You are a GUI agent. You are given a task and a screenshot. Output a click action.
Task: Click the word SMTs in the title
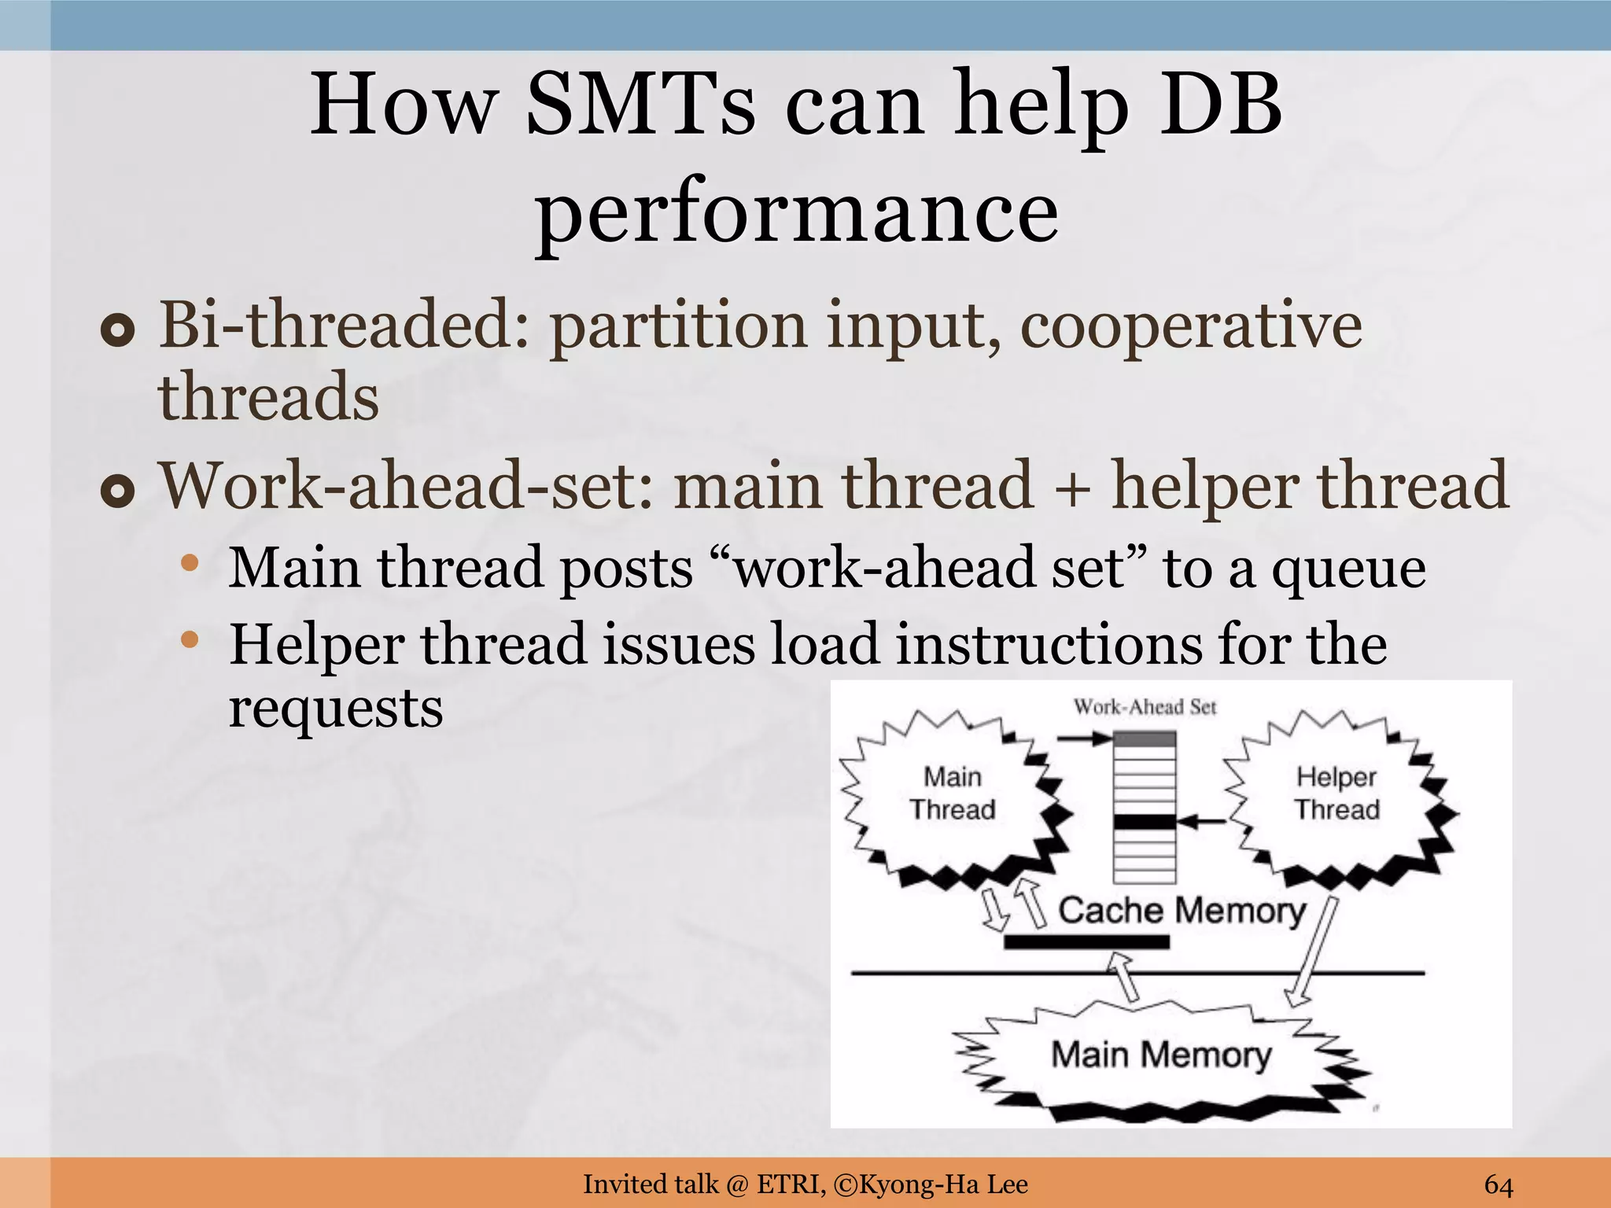(x=640, y=106)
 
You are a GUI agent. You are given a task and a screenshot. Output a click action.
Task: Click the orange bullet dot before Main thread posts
(x=190, y=563)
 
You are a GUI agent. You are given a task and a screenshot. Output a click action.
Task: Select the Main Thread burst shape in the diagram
(x=952, y=794)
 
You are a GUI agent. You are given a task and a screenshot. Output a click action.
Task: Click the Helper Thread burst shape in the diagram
(x=1336, y=794)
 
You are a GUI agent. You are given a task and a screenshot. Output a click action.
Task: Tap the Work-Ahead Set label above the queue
(x=1145, y=707)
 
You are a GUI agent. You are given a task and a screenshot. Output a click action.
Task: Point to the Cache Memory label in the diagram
(x=1181, y=911)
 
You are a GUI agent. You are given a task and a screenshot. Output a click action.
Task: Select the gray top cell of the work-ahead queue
(x=1145, y=739)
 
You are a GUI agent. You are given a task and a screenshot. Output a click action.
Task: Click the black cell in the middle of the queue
(x=1145, y=822)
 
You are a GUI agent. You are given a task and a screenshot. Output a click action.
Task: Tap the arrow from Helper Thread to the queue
(x=1204, y=822)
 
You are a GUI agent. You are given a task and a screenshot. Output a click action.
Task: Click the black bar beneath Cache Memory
(x=1086, y=942)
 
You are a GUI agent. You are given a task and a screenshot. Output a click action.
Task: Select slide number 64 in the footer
(x=1499, y=1184)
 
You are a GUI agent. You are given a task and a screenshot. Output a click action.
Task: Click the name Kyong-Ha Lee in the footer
(x=943, y=1184)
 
